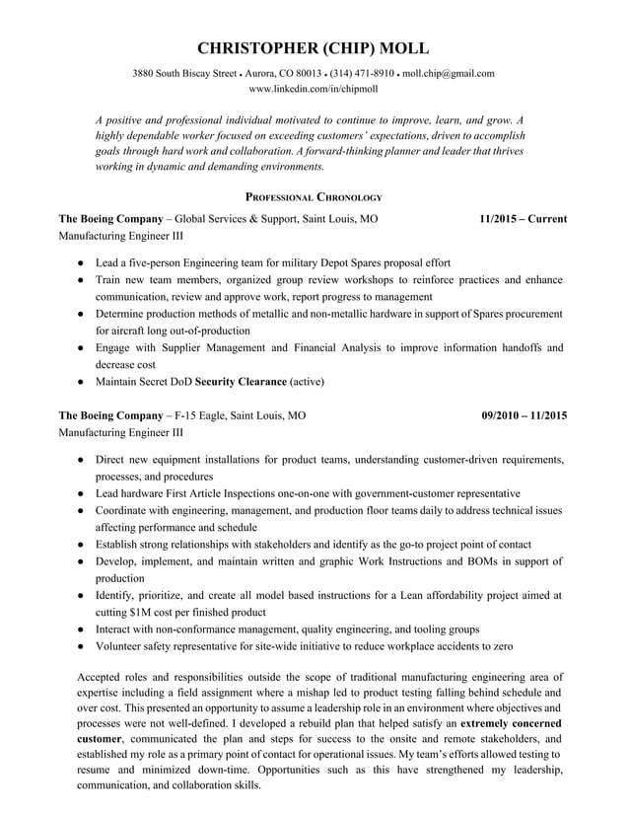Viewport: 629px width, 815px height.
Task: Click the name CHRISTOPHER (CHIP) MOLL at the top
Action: [x=314, y=49]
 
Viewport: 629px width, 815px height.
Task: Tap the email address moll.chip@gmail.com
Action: [x=449, y=73]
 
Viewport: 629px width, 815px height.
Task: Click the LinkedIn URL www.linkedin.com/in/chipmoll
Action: [x=314, y=89]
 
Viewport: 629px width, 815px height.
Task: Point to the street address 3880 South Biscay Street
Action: [x=184, y=73]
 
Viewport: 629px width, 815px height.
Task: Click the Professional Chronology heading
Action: [x=314, y=197]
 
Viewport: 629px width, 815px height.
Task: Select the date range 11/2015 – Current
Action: [x=523, y=219]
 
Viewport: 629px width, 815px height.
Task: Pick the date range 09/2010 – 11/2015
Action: [x=524, y=415]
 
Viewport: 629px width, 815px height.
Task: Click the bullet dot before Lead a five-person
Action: [x=79, y=263]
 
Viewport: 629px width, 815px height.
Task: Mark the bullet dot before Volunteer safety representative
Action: [x=79, y=646]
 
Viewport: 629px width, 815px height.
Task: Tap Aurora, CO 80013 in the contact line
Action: [x=284, y=73]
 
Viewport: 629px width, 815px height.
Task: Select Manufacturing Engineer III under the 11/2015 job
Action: [x=121, y=237]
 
